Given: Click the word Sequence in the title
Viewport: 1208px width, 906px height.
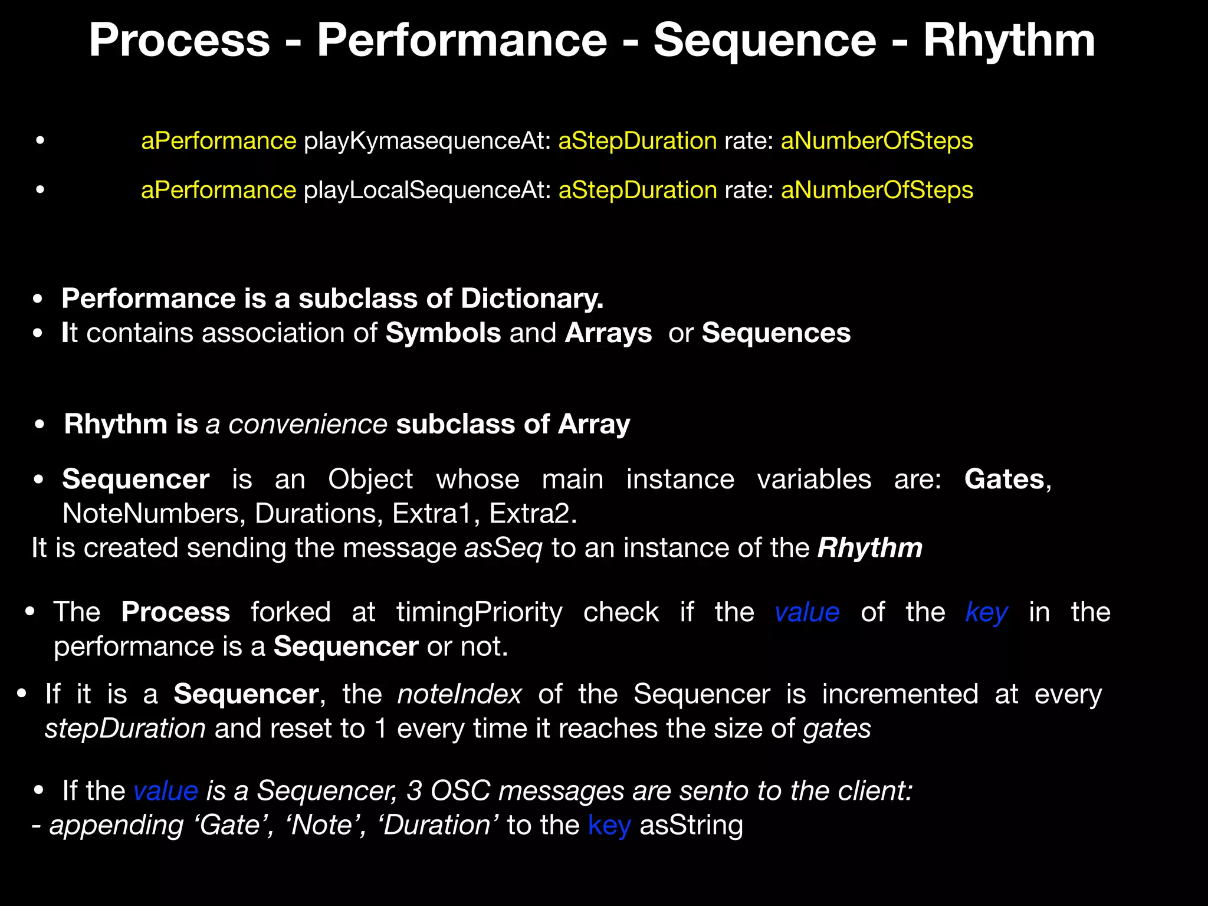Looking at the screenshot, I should click(765, 40).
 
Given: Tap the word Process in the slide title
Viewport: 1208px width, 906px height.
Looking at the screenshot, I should click(179, 40).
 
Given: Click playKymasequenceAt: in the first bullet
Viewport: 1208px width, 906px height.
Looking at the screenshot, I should click(427, 141).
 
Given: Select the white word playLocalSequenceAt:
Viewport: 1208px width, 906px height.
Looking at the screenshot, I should click(427, 191).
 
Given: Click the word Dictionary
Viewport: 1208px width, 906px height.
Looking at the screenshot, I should click(531, 298).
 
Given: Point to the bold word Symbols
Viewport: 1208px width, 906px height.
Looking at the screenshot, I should click(443, 333).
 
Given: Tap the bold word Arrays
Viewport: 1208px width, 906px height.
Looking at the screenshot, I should click(608, 333).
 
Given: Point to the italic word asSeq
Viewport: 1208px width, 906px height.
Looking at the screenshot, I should click(503, 548).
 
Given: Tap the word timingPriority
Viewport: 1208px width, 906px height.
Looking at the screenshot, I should click(479, 612).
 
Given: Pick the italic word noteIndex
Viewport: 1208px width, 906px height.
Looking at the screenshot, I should click(459, 694).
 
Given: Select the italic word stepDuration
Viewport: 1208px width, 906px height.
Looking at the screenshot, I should click(125, 729).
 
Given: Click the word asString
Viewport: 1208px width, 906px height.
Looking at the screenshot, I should click(691, 825).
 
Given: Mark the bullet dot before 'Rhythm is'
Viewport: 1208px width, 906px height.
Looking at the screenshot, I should click(40, 425).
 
